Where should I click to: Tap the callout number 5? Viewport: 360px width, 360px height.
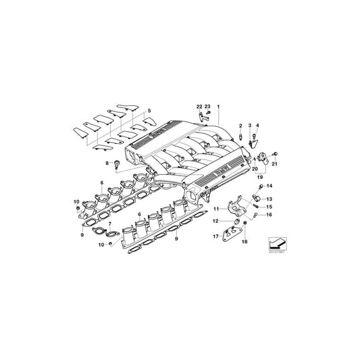[x=150, y=110]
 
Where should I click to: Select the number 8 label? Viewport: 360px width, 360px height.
[x=106, y=163]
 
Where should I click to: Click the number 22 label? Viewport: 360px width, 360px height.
[x=199, y=107]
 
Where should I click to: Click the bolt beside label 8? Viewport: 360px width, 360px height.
[x=118, y=163]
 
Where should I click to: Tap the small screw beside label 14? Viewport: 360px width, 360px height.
[x=261, y=185]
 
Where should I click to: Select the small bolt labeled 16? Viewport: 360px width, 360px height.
[x=256, y=216]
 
